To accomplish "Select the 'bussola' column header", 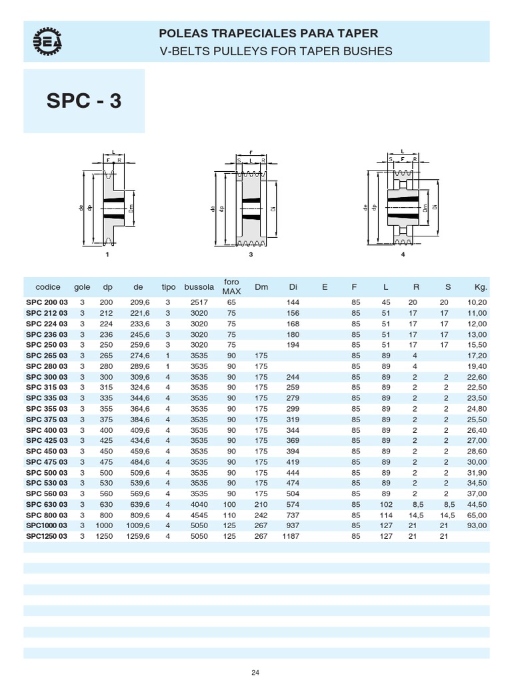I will click(x=199, y=287).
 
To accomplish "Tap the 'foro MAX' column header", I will click(x=231, y=286).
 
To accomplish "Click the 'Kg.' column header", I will click(x=481, y=287).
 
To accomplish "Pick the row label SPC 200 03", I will click(x=47, y=302).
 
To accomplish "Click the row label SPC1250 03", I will click(x=47, y=536).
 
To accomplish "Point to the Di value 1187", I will click(x=291, y=536).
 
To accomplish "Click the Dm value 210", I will click(x=261, y=504).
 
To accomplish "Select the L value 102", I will click(x=385, y=504).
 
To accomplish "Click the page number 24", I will click(x=255, y=672).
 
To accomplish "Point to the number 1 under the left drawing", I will click(x=107, y=254).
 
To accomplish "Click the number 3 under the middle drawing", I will click(x=251, y=254).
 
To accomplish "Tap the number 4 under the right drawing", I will click(x=403, y=254).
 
